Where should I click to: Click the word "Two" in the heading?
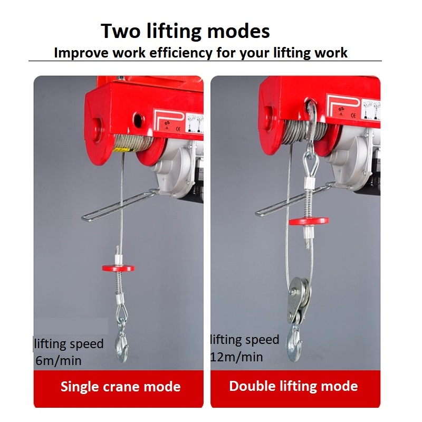(x=121, y=31)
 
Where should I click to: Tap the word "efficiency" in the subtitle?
(x=181, y=53)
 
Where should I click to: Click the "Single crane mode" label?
(x=120, y=387)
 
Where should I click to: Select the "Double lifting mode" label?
(x=293, y=386)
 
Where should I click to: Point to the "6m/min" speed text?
(x=59, y=361)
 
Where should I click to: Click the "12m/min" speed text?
(x=236, y=357)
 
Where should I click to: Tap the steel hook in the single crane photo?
(x=122, y=342)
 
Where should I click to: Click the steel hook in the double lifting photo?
(x=294, y=343)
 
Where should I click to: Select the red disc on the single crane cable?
(x=118, y=268)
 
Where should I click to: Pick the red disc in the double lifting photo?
(x=309, y=221)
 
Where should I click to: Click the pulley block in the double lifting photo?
(x=299, y=301)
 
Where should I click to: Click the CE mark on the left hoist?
(x=178, y=129)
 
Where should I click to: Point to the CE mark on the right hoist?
(x=353, y=116)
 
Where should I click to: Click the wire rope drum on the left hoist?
(x=132, y=142)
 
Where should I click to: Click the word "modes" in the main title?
(x=238, y=31)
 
